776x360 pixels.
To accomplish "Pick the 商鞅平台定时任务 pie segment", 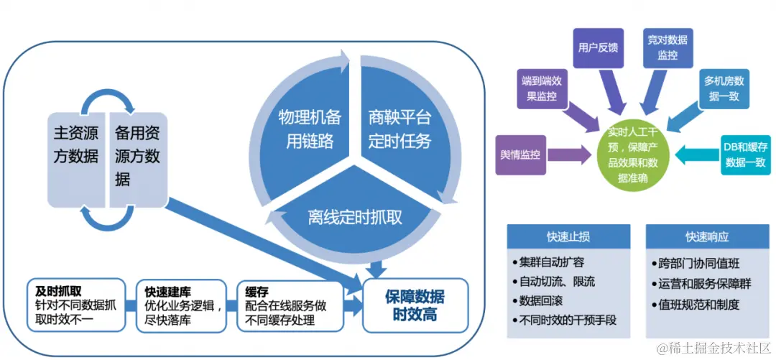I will click(399, 129).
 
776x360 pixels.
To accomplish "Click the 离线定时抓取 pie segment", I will click(355, 216).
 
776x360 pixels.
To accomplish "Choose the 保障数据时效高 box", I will click(414, 306).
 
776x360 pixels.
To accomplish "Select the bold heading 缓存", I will click(257, 292).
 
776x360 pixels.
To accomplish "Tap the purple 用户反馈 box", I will click(598, 48).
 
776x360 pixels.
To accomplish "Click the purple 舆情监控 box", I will click(525, 154).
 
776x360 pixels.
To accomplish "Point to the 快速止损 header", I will click(568, 237).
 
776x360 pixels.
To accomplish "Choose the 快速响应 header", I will click(707, 237).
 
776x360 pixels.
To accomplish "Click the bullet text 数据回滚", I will click(539, 300).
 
